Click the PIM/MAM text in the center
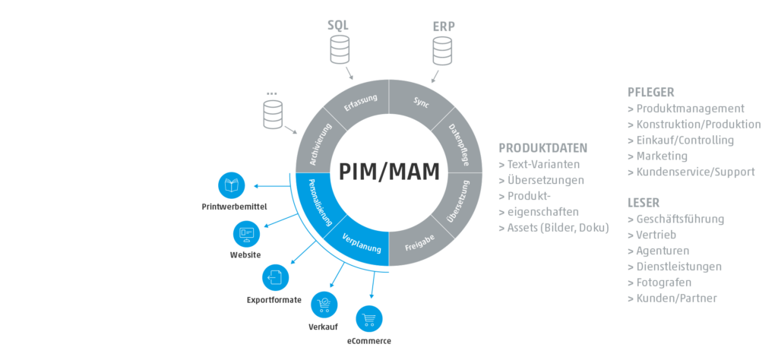tap(388, 171)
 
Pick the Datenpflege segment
tap(459, 145)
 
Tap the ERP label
tap(444, 24)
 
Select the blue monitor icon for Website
tap(245, 232)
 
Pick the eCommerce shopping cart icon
tap(369, 317)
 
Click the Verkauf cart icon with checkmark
tap(324, 303)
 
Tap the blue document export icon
tap(274, 277)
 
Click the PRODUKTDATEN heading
tap(542, 148)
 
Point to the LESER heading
tap(644, 203)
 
